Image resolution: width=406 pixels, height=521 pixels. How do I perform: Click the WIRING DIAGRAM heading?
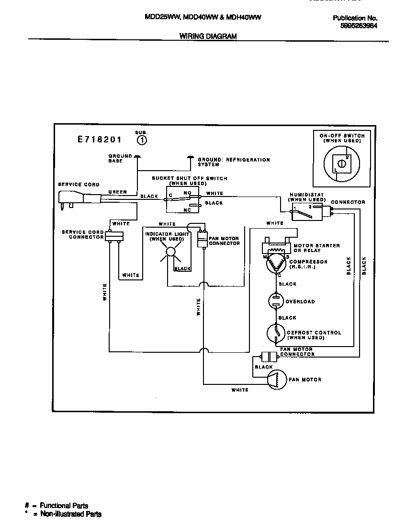(207, 36)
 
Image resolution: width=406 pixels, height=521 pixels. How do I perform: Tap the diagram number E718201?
(100, 140)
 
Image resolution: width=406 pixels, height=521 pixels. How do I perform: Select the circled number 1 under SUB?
(142, 140)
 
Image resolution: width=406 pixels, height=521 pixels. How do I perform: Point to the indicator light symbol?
(170, 252)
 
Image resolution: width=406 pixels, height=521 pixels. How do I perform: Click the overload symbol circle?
(276, 301)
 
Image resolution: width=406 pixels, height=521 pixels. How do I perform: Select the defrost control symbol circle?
(276, 333)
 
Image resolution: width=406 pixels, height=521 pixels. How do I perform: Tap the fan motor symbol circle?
(276, 379)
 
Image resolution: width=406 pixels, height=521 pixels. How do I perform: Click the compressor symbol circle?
(276, 264)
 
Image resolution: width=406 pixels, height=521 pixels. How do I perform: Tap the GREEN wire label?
(117, 192)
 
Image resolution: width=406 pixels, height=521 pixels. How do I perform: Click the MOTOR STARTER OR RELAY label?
(316, 248)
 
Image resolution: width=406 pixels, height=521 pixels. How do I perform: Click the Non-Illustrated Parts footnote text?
(70, 514)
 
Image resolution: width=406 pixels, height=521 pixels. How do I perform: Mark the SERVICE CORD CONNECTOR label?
(83, 234)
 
